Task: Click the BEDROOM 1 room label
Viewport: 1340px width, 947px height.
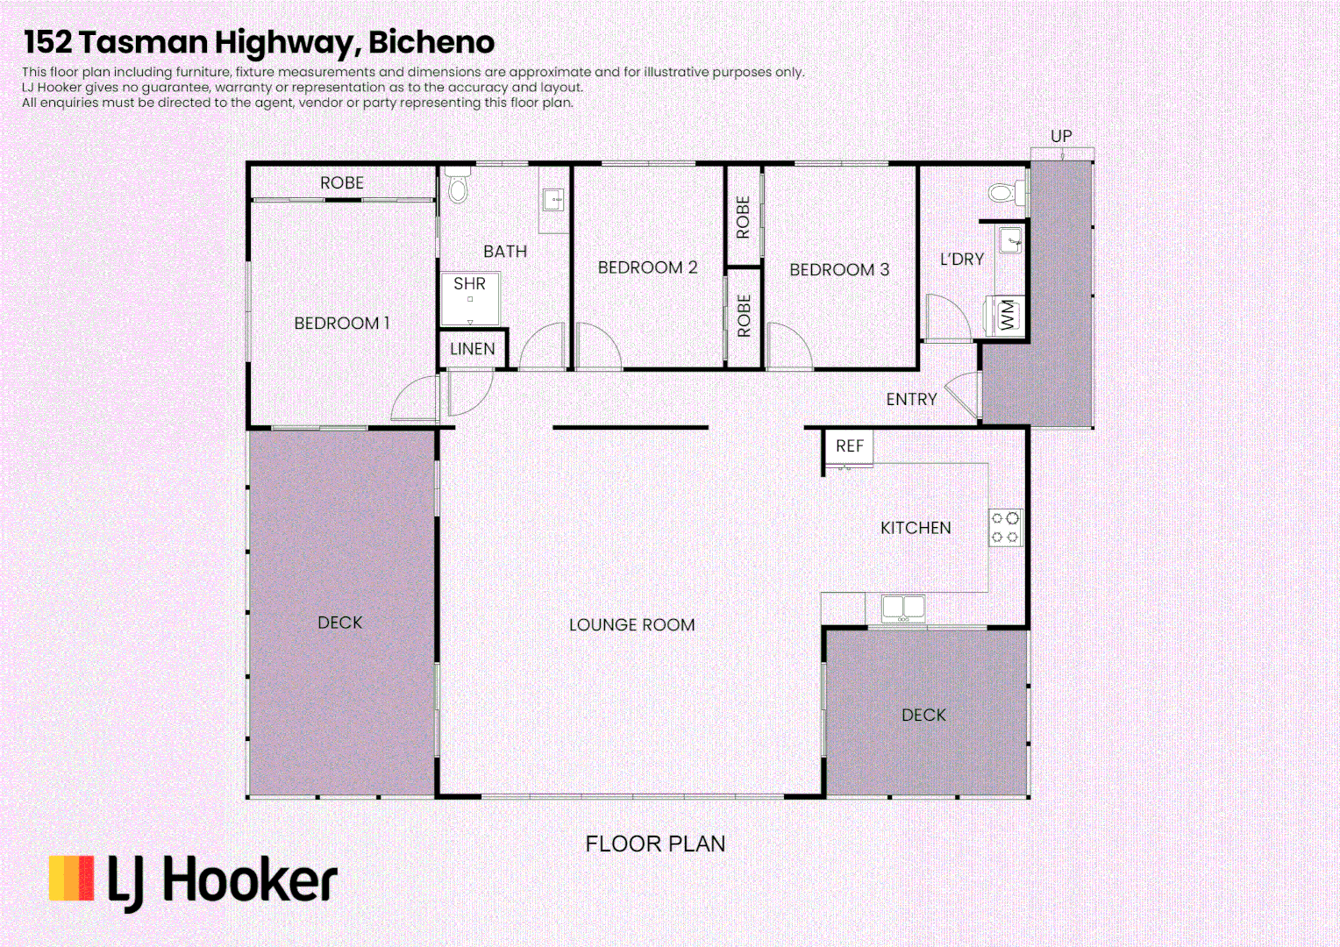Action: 341,324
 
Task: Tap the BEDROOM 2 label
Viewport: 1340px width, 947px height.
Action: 647,267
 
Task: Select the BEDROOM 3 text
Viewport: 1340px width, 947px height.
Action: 839,270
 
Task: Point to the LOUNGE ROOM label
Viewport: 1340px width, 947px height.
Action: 631,625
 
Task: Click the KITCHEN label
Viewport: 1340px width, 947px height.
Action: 916,528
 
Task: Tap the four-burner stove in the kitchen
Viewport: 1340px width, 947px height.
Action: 1005,528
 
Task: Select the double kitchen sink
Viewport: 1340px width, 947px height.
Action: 902,608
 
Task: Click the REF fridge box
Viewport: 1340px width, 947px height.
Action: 849,446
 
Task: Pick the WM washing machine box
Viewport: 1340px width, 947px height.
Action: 1008,315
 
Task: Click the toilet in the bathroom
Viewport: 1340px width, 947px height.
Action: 457,185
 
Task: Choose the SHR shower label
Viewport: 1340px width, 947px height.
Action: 469,284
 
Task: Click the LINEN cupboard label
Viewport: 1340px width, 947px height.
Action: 472,349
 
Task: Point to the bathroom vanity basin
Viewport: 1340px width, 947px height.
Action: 553,200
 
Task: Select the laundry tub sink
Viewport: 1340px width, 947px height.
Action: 1011,239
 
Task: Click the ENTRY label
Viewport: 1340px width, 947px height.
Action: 911,400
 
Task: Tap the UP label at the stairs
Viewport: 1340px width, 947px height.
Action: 1061,136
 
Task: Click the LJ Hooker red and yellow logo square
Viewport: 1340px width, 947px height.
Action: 71,879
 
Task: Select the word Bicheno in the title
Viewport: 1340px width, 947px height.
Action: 431,42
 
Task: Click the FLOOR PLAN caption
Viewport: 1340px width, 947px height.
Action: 655,844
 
